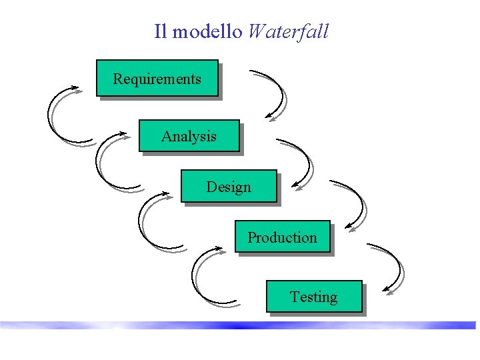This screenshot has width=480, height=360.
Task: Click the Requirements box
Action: [157, 79]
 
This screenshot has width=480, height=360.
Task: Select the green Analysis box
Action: [189, 136]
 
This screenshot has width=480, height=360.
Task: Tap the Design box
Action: [228, 187]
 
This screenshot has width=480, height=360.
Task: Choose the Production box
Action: [282, 237]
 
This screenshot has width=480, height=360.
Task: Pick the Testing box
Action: [313, 297]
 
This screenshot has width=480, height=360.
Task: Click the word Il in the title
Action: [160, 31]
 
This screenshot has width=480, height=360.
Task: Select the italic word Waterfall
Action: [287, 31]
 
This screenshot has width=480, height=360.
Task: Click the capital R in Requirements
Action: [117, 79]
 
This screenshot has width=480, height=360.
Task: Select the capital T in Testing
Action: [294, 297]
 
